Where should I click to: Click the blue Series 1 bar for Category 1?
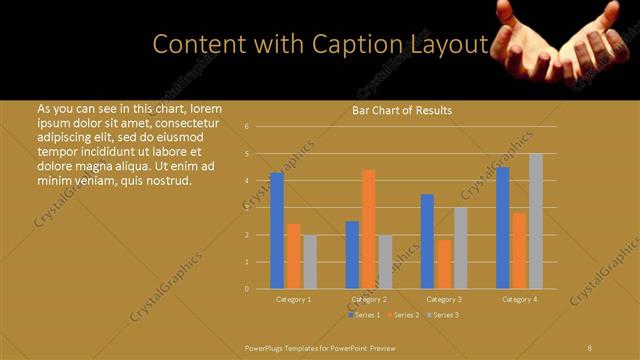[x=277, y=231]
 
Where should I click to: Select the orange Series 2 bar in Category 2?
[x=368, y=229]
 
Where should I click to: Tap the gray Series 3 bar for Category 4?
[x=536, y=221]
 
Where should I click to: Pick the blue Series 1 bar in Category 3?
[x=427, y=241]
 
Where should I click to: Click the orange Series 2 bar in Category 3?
[x=444, y=264]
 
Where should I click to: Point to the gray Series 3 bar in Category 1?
[x=309, y=262]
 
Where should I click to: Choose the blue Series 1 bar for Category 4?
[x=503, y=228]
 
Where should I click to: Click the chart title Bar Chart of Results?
[x=403, y=110]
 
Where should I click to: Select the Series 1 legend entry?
[x=365, y=315]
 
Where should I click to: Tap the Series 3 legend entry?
[x=443, y=315]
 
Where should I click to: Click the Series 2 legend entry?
[x=404, y=315]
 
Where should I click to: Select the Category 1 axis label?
[x=293, y=299]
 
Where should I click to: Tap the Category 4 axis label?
[x=519, y=299]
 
